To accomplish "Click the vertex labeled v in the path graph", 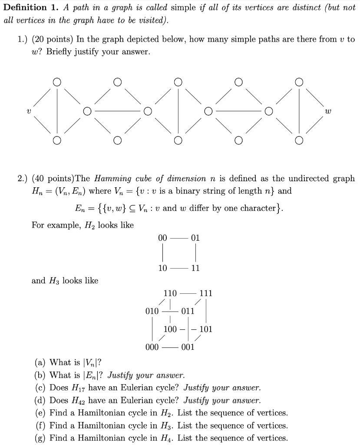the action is [28, 111].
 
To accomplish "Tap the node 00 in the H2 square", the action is [162, 238].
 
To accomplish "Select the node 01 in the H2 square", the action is [195, 238].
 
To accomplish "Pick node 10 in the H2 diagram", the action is [162, 268].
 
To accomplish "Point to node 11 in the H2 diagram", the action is [195, 268].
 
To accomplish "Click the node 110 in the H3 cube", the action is [170, 293].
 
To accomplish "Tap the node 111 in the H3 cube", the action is [205, 293].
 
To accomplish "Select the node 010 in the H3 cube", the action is [152, 311].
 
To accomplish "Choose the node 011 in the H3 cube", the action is [188, 311].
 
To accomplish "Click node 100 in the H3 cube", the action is [170, 329].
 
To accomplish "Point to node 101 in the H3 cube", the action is [206, 329].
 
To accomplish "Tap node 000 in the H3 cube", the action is [152, 347].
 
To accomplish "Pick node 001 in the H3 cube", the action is [188, 347].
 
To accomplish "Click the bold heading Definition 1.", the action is [31, 7].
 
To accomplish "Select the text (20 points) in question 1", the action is [52, 39].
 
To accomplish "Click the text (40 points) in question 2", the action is [52, 179].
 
